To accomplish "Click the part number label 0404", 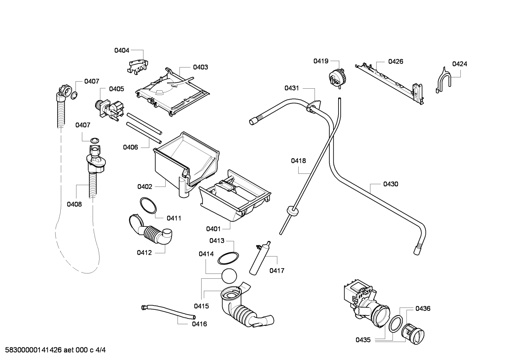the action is (121, 50).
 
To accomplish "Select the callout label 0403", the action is (200, 67).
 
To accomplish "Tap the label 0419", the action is (321, 61).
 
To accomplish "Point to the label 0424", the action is (460, 64).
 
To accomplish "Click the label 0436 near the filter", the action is (423, 308).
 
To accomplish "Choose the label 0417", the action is (277, 271).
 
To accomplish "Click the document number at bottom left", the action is (55, 350).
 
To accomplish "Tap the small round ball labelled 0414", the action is (229, 276).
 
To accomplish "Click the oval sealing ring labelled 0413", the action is (228, 258).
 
